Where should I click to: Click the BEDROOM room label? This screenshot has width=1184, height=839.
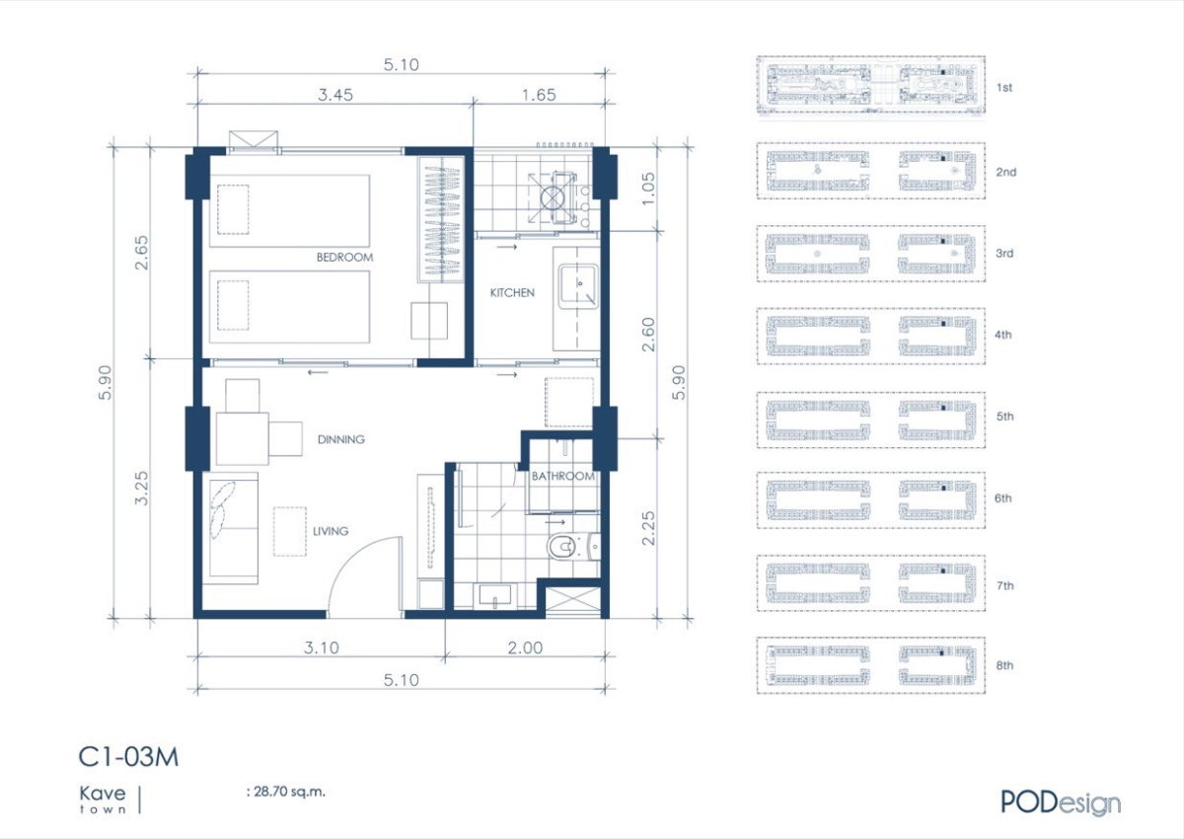344,258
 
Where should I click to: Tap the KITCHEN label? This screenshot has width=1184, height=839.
512,293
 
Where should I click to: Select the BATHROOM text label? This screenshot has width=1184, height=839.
563,477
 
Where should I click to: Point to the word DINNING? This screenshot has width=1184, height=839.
341,439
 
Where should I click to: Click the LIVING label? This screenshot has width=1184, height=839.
331,531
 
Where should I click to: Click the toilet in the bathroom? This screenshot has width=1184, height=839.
561,547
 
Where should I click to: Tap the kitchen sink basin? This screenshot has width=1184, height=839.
578,286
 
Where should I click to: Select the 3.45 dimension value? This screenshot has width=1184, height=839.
335,95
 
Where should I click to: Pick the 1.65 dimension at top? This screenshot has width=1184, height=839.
539,95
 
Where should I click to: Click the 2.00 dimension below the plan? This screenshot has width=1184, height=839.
525,648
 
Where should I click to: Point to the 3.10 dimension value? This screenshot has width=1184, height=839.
322,648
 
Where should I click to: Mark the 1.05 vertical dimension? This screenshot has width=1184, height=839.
648,189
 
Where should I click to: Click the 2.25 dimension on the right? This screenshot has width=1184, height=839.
648,528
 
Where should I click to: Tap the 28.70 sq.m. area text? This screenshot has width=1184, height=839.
286,792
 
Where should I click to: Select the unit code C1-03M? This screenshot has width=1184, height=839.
128,757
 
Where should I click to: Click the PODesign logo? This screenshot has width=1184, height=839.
1061,803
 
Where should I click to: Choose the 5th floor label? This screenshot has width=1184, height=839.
1004,417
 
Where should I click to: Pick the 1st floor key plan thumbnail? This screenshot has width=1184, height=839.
870,85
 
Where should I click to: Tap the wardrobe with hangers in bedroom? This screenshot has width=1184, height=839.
442,219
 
